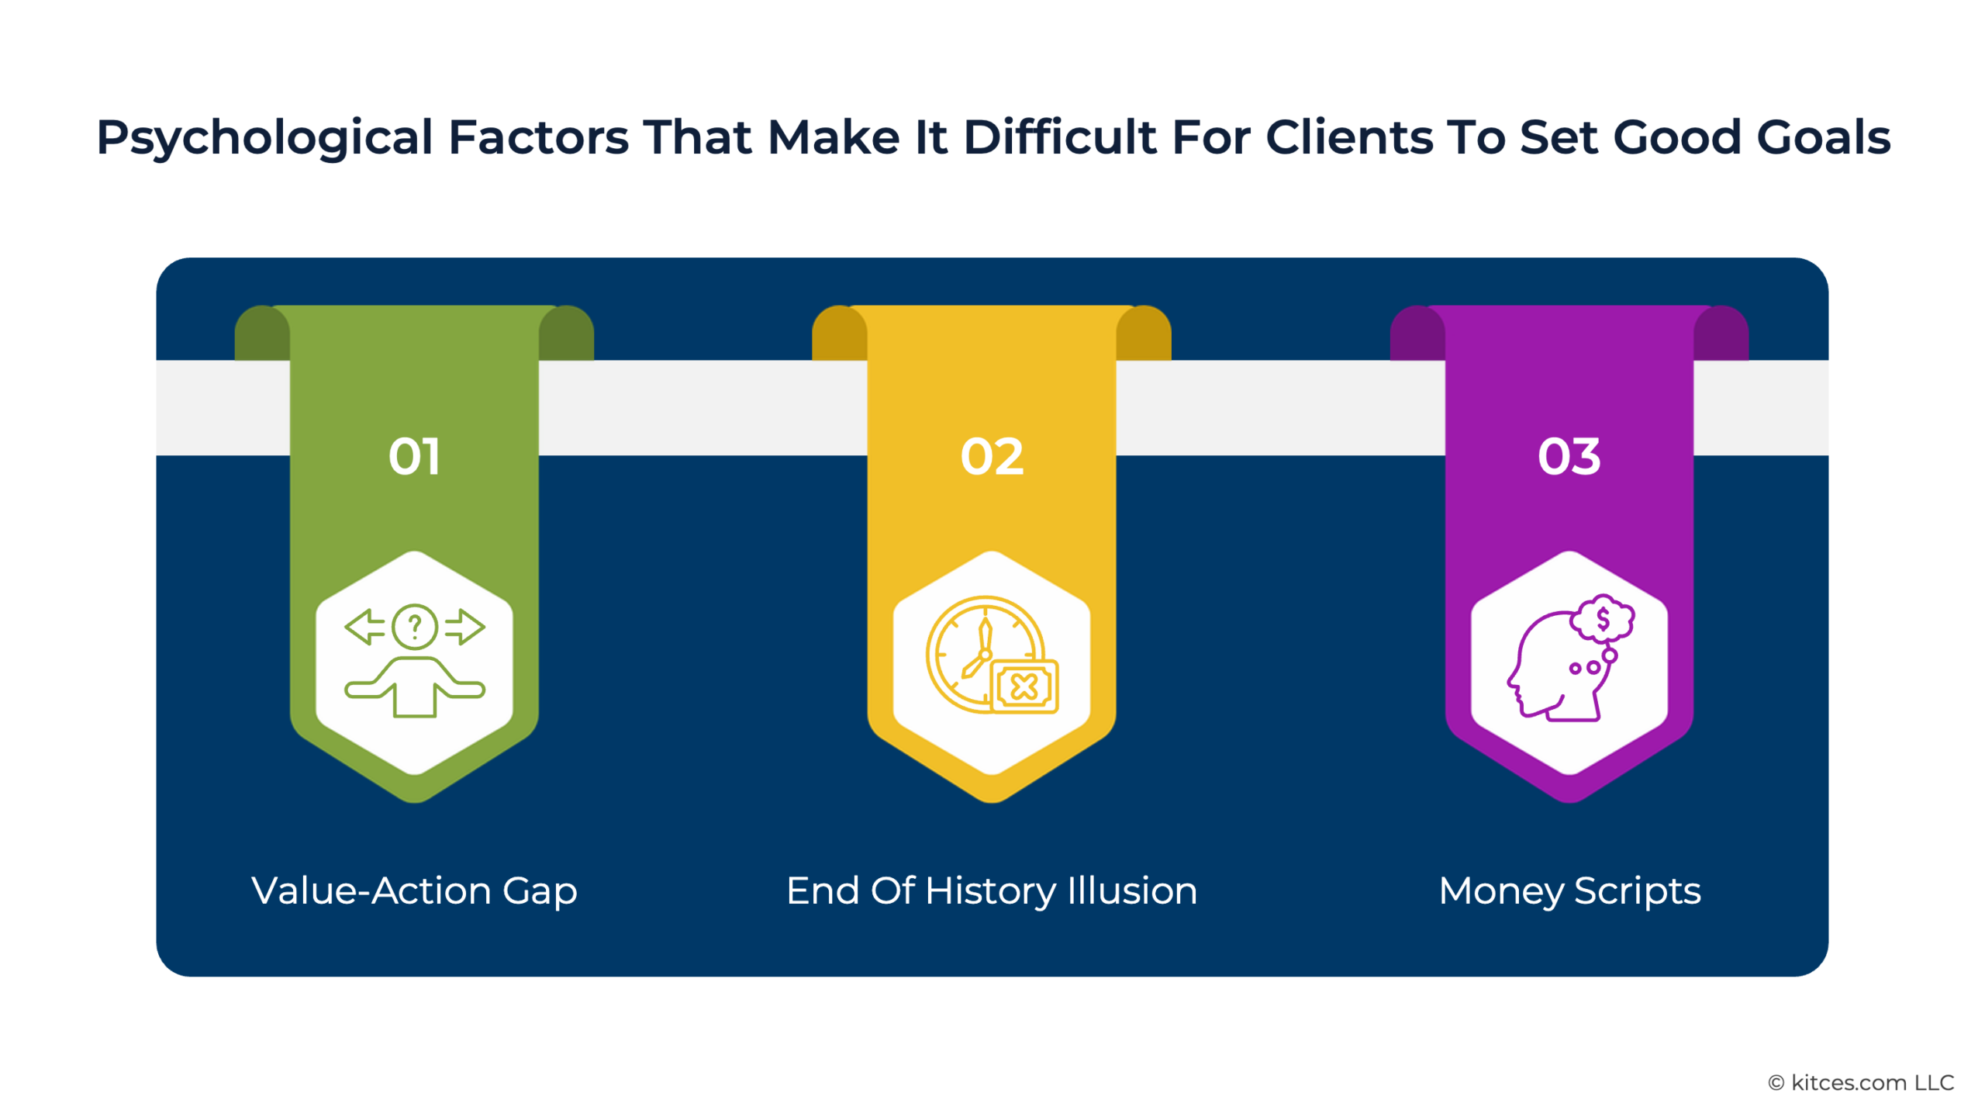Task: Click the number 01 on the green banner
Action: pyautogui.click(x=414, y=456)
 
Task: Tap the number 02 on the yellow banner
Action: pyautogui.click(x=992, y=456)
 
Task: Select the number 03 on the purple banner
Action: pyautogui.click(x=1569, y=456)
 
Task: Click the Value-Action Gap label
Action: pyautogui.click(x=414, y=891)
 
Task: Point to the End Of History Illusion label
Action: pyautogui.click(x=992, y=890)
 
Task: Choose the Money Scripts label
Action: pyautogui.click(x=1569, y=891)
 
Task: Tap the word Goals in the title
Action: pyautogui.click(x=1823, y=137)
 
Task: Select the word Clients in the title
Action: pyautogui.click(x=1349, y=137)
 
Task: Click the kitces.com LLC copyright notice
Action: pyautogui.click(x=1861, y=1083)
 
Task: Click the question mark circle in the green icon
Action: pyautogui.click(x=415, y=626)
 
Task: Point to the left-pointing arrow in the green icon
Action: pyautogui.click(x=364, y=627)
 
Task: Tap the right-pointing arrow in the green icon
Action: pyautogui.click(x=465, y=627)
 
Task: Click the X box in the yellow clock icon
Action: pyautogui.click(x=1024, y=686)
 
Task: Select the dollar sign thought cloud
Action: pyautogui.click(x=1603, y=618)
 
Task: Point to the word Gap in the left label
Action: pyautogui.click(x=540, y=893)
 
